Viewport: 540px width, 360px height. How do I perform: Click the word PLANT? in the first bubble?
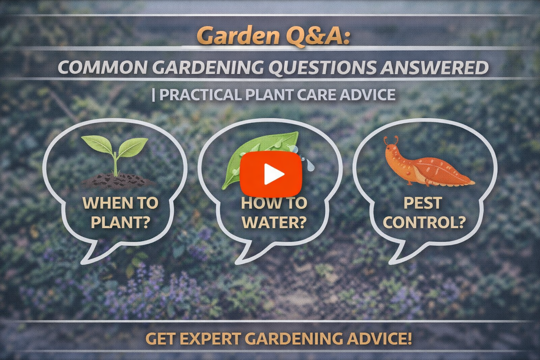coord(120,222)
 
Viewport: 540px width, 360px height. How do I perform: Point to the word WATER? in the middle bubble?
coord(274,222)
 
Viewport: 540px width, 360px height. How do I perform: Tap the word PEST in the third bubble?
coord(423,203)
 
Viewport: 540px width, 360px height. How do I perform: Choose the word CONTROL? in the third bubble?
coord(424,222)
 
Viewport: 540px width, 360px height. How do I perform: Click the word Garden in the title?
coord(234,36)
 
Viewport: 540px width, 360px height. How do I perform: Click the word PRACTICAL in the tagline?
coord(200,95)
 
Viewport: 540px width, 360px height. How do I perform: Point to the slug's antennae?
coord(391,141)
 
